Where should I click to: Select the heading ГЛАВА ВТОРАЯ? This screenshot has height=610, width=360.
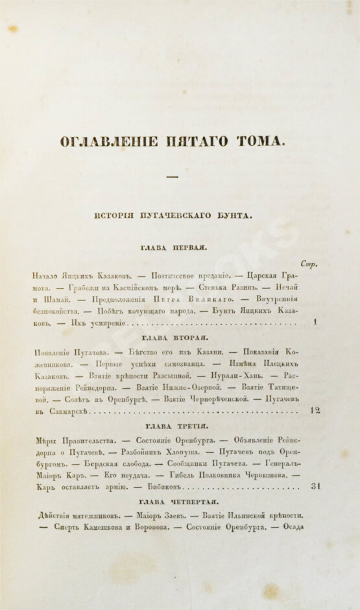click(x=172, y=337)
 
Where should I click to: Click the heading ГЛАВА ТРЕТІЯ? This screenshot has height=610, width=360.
click(x=172, y=426)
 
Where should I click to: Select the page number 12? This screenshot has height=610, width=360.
click(x=315, y=411)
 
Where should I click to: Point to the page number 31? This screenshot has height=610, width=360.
click(x=315, y=486)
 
